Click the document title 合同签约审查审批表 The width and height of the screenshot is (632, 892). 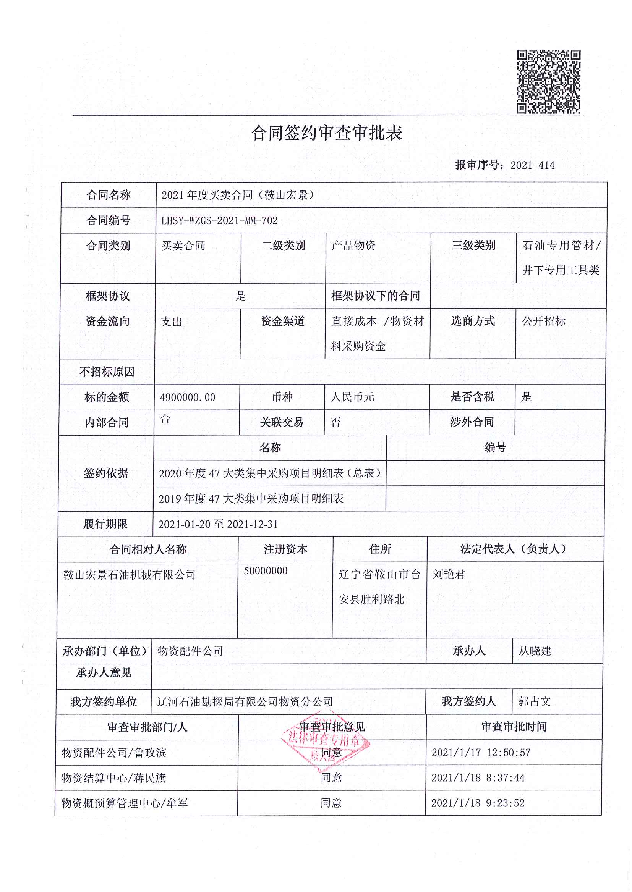(x=326, y=133)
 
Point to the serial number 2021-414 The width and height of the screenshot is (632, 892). (x=532, y=165)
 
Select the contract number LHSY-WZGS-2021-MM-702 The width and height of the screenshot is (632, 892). (x=219, y=221)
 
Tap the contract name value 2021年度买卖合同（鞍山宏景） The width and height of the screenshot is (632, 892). (x=238, y=195)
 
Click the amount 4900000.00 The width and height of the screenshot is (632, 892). (x=188, y=398)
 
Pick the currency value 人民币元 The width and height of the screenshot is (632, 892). (x=352, y=397)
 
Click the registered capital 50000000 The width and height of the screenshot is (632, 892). (x=266, y=571)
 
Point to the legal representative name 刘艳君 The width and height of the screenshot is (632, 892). (x=449, y=574)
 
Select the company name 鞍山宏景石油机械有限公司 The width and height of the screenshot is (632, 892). (x=129, y=575)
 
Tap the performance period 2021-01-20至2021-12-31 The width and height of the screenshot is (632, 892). (x=218, y=524)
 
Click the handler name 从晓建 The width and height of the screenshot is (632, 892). (x=534, y=651)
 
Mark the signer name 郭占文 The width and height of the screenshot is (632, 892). (x=534, y=701)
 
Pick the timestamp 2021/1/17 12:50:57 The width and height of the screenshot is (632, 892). (x=481, y=752)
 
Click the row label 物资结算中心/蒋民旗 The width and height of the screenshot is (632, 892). (x=113, y=778)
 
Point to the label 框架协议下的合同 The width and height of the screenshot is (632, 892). (x=375, y=296)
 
